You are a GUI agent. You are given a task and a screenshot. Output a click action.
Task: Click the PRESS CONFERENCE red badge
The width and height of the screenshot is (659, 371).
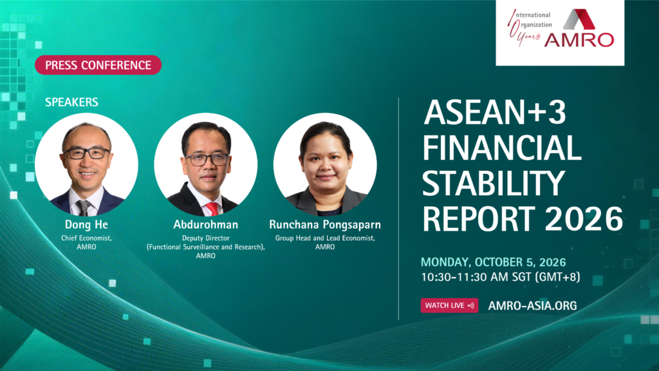pos(98,65)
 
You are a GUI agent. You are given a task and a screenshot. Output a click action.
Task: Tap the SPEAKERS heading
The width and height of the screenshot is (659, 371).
pos(71,102)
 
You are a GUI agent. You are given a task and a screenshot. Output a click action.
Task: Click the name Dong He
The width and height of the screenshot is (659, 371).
pos(86,225)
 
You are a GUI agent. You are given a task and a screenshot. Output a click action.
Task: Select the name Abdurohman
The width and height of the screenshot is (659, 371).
pos(205,225)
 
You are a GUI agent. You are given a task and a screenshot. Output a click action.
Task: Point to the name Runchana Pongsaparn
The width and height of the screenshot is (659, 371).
pos(325,225)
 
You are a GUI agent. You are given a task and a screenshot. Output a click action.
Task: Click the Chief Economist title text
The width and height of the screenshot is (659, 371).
pos(86,238)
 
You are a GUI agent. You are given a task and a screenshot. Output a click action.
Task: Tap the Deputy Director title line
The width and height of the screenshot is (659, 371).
pos(205,238)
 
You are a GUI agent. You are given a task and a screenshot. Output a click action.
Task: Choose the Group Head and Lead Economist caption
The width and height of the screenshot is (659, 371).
pos(325,238)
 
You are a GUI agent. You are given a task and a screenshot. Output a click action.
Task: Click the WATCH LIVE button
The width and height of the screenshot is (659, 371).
pos(449,305)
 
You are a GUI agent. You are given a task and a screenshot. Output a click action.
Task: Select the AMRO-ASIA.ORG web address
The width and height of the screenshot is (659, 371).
pos(532,306)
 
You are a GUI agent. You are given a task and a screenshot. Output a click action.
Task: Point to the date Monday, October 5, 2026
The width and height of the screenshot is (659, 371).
pos(494,262)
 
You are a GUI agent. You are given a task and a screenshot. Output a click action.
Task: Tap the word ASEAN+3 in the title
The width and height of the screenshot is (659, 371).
pos(495,112)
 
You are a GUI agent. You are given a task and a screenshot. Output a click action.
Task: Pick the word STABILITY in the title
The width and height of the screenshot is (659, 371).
pos(494,183)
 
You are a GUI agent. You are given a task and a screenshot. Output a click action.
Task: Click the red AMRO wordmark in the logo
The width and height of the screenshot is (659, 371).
pos(579,40)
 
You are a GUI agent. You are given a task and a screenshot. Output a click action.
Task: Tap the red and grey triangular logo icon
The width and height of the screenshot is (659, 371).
pos(579,19)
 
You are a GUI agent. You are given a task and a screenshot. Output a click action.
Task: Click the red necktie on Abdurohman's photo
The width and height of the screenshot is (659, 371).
pos(212,209)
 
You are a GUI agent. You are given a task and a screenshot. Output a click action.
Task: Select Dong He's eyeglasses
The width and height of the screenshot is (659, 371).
pos(86,153)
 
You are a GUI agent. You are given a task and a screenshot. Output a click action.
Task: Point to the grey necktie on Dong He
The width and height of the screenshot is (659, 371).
pos(83,208)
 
